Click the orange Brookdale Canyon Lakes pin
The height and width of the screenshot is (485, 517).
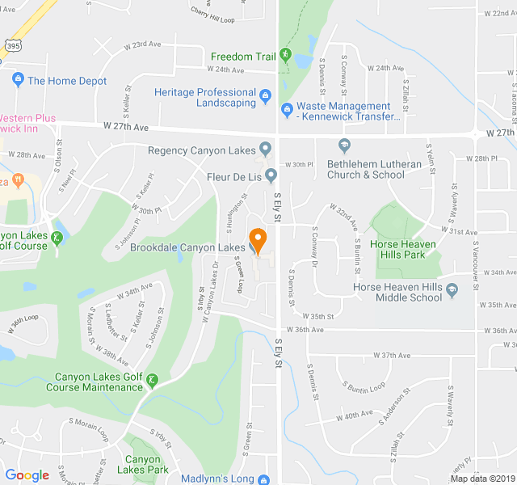(258, 239)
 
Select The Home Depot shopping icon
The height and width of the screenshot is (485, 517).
(18, 80)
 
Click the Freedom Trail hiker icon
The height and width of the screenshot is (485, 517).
(285, 55)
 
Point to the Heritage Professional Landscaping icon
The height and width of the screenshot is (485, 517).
(264, 99)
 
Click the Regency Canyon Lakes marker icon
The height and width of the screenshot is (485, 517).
(265, 150)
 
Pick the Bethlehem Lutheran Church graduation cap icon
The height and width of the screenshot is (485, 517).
(344, 145)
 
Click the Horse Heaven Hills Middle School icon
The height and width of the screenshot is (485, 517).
(449, 297)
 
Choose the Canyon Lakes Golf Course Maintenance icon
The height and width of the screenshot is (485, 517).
(153, 380)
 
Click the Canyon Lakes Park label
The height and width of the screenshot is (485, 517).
(142, 464)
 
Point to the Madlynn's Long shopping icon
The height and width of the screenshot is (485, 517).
(264, 479)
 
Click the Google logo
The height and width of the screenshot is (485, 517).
(27, 475)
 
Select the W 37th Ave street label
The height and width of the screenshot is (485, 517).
(392, 355)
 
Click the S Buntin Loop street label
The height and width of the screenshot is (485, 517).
(364, 386)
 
